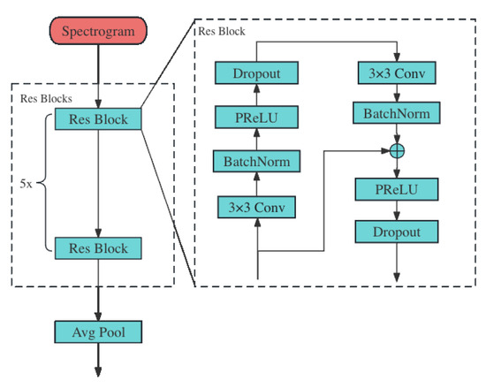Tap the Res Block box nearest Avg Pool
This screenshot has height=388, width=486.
pyautogui.click(x=98, y=247)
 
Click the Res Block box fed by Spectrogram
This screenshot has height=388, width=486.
pyautogui.click(x=98, y=118)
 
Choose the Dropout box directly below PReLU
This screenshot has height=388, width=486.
pyautogui.click(x=397, y=232)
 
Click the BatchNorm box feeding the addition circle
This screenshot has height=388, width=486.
pyautogui.click(x=397, y=112)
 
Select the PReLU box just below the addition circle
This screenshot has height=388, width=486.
pyautogui.click(x=397, y=189)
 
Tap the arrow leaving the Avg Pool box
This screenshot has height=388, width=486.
pyautogui.click(x=98, y=362)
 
